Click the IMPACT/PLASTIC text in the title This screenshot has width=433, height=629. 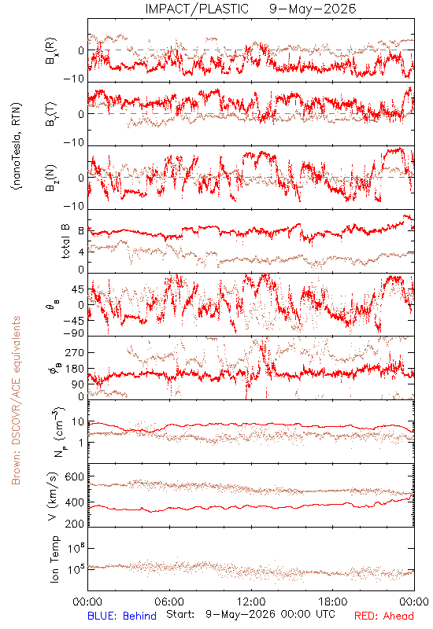click(x=197, y=9)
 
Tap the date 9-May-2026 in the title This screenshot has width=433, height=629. click(x=313, y=9)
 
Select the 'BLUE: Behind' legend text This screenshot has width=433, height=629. click(x=122, y=616)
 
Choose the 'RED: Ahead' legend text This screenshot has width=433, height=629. click(x=383, y=616)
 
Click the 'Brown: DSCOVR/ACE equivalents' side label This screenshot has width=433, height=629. click(x=16, y=400)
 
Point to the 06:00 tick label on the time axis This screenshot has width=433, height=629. click(x=169, y=601)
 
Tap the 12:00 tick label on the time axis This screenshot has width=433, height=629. click(x=251, y=601)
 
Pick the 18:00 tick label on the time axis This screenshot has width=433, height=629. click(x=333, y=601)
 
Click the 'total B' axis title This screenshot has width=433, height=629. click(x=65, y=241)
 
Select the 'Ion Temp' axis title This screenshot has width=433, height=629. click(x=54, y=559)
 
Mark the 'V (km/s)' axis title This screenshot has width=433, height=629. click(x=53, y=496)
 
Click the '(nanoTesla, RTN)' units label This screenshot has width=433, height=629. click(x=17, y=146)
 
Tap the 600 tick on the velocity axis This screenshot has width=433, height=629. click(x=75, y=477)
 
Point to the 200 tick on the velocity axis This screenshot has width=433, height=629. click(x=75, y=524)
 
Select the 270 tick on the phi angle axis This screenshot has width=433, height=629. click(x=75, y=352)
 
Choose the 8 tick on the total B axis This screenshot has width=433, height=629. click(x=81, y=231)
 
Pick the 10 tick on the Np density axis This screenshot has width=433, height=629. click(x=78, y=422)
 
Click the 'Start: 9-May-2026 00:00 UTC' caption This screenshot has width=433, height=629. click(x=250, y=615)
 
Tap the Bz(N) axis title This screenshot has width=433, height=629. click(x=51, y=178)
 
